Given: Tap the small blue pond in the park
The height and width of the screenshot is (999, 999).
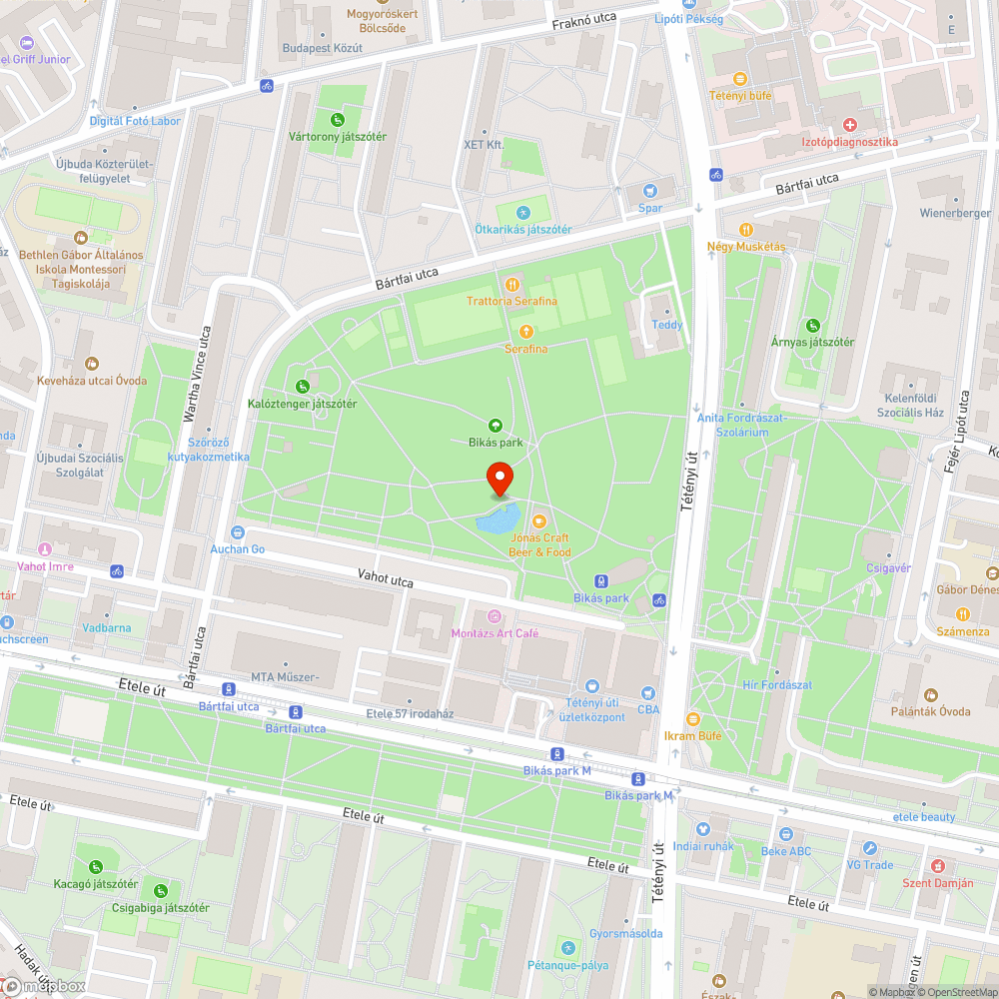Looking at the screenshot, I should (x=498, y=519).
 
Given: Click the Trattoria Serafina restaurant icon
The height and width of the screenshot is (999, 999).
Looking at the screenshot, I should (x=511, y=284).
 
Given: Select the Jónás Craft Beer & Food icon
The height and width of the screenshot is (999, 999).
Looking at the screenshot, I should (x=539, y=520).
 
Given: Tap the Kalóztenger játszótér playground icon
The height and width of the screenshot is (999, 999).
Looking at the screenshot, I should (x=302, y=387).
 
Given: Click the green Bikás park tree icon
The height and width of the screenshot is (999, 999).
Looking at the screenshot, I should (x=495, y=426).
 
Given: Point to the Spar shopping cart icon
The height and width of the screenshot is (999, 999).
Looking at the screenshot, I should (x=650, y=191).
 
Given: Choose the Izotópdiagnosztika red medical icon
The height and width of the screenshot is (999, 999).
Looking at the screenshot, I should (x=849, y=125).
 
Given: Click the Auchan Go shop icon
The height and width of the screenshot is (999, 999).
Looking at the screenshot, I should (x=237, y=532).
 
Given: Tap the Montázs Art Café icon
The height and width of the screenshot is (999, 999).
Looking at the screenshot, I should (x=494, y=616).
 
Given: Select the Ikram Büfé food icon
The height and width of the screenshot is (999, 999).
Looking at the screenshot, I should (x=692, y=718).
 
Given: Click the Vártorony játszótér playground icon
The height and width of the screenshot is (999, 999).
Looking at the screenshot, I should (x=338, y=120).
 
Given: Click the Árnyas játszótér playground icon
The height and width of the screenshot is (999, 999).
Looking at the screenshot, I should (x=813, y=325).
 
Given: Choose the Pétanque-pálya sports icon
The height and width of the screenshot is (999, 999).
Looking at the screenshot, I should (x=567, y=947).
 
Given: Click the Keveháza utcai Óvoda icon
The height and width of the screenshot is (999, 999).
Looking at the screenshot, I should (x=92, y=364).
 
